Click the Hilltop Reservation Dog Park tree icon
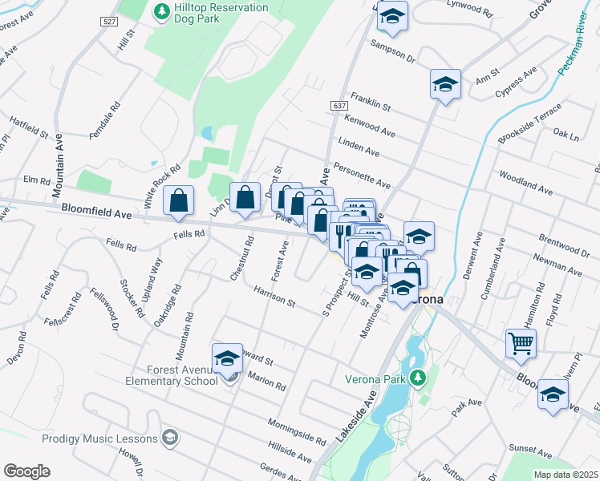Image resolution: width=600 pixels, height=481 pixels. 159,11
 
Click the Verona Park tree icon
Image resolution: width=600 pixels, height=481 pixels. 416,377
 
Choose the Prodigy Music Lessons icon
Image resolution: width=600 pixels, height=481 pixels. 169,438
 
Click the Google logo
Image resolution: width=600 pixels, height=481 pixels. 26,471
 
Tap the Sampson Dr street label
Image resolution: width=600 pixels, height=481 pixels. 393,52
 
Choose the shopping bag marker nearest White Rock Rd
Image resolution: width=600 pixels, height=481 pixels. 179,201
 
